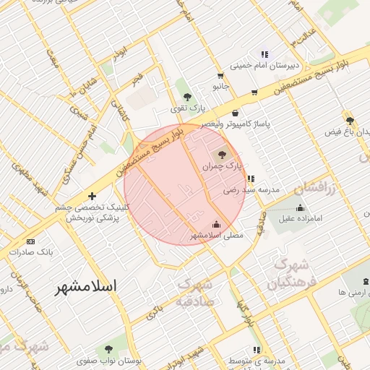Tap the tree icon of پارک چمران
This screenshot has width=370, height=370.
pyautogui.click(x=221, y=154)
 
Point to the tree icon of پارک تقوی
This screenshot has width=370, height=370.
pyautogui.click(x=188, y=97)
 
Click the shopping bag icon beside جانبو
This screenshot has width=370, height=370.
pyautogui.click(x=220, y=75)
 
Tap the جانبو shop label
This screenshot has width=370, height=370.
pyautogui.click(x=220, y=86)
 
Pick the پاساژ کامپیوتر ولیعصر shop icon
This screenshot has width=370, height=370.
pyautogui.click(x=236, y=112)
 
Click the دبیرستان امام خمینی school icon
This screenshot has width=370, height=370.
pyautogui.click(x=264, y=54)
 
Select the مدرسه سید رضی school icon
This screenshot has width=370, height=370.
pyautogui.click(x=250, y=178)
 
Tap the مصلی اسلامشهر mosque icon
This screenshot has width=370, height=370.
pyautogui.click(x=217, y=223)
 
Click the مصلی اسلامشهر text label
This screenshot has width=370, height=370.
pyautogui.click(x=217, y=235)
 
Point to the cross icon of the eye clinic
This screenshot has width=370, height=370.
pyautogui.click(x=92, y=197)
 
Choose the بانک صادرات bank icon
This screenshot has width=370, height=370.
pyautogui.click(x=30, y=241)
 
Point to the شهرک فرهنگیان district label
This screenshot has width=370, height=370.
pyautogui.click(x=293, y=274)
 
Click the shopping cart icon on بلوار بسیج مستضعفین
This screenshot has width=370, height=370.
pyautogui.click(x=254, y=92)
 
